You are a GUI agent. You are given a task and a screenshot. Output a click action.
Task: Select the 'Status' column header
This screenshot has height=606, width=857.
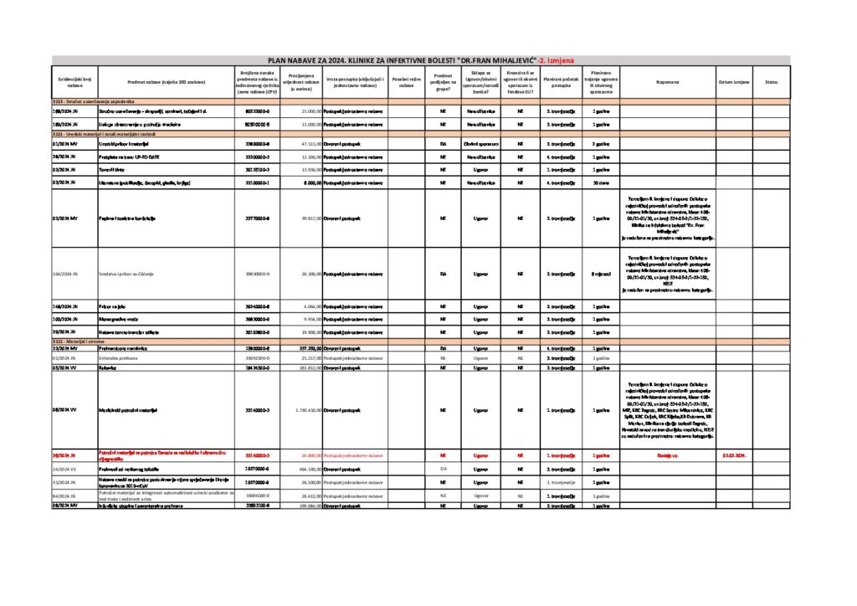point(771,82)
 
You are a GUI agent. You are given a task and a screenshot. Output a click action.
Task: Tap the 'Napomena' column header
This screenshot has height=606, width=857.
point(667,82)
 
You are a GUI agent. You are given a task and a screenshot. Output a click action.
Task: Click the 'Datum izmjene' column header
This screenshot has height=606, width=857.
point(734,82)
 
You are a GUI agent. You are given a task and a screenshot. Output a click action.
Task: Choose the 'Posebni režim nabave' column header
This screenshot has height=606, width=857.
point(406,82)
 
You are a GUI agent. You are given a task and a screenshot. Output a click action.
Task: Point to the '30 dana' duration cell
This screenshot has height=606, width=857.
point(599,182)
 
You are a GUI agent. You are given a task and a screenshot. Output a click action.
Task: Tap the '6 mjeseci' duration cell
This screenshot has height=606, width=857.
point(599,273)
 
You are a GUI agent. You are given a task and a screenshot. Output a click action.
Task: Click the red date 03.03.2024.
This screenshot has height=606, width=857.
point(734,455)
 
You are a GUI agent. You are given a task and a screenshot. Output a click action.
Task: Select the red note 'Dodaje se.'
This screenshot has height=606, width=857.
point(667,455)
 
